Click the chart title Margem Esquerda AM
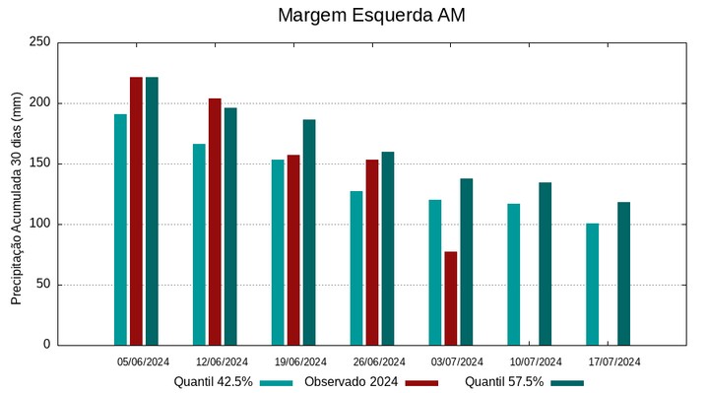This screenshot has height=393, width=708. tap(371, 16)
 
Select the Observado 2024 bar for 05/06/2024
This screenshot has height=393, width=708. tap(136, 211)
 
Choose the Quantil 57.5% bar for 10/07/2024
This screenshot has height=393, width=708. tap(546, 264)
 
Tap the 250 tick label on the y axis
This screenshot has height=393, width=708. tap(40, 42)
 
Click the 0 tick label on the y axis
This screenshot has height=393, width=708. tap(46, 345)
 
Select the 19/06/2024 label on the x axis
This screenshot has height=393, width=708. tap(300, 361)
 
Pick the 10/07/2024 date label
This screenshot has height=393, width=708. tap(537, 361)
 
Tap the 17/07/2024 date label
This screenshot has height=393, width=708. tap(614, 361)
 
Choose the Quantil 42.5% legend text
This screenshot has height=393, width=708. tap(214, 382)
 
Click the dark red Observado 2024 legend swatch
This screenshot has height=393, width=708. tap(421, 382)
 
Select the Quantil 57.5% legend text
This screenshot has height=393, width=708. tap(504, 382)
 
